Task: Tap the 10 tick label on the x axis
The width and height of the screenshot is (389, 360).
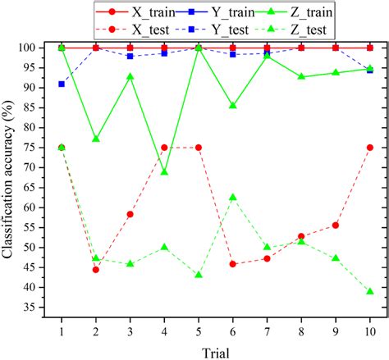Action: [x=370, y=329]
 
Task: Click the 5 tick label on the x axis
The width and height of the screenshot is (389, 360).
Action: [x=199, y=329]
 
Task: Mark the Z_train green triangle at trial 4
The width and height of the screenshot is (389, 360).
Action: [x=164, y=172]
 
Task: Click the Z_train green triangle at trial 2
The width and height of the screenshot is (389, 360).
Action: [x=96, y=139]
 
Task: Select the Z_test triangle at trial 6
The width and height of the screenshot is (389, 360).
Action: [x=233, y=197]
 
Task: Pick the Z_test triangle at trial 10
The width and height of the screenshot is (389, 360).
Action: [x=370, y=291]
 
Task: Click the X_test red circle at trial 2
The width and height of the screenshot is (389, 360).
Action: [x=96, y=269]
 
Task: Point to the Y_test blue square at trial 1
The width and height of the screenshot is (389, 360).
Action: [x=62, y=84]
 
